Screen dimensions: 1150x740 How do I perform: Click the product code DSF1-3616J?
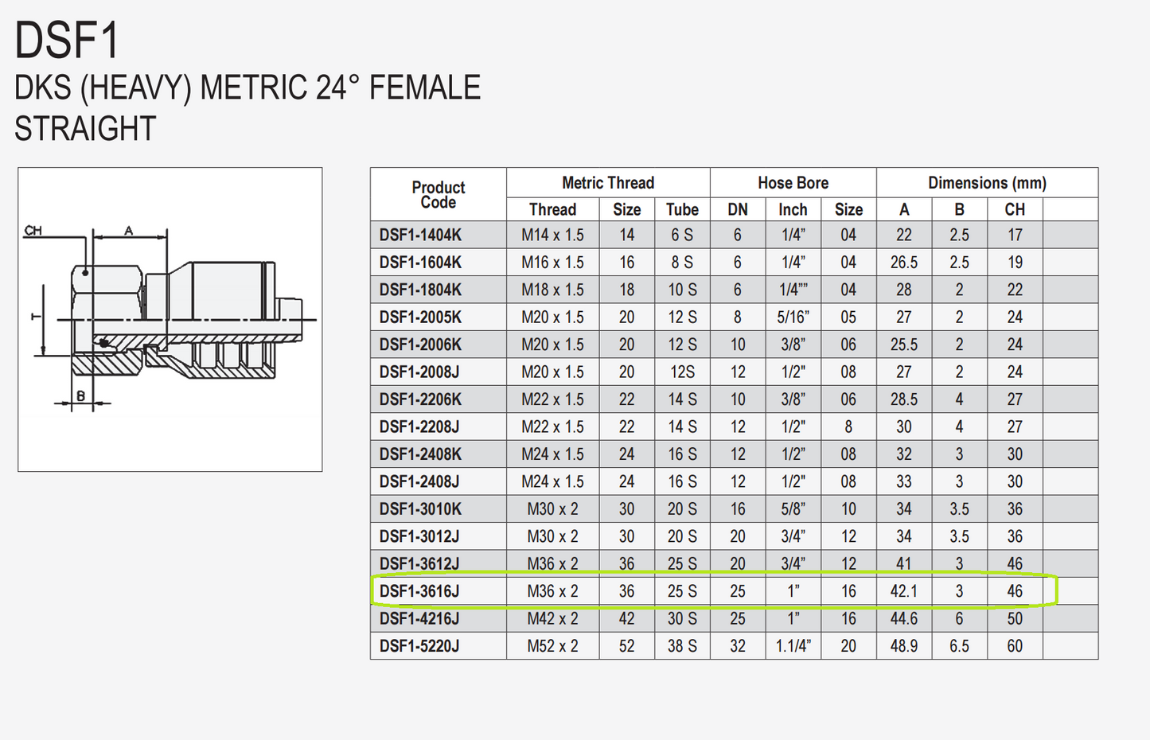tap(419, 591)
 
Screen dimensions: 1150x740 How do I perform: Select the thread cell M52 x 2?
tap(552, 646)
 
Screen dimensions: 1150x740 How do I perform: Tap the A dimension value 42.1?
tap(903, 591)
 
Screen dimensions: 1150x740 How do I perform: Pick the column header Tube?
tap(682, 209)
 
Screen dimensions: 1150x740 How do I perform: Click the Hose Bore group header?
tap(793, 183)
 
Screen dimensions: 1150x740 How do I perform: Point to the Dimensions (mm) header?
tap(988, 183)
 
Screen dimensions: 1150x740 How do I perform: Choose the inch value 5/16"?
tap(793, 317)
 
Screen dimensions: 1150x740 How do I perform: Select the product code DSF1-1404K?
tap(420, 235)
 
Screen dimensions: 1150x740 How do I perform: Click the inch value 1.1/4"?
tap(793, 646)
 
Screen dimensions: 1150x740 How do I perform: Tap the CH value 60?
tap(1015, 646)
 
